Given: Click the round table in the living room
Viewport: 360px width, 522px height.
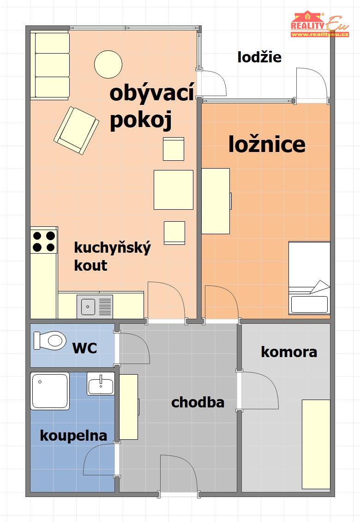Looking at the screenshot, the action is pos(108,64).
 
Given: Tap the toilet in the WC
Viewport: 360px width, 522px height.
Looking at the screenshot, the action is pos(50,340).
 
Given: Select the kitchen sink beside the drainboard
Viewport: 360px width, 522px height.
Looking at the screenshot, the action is pos(88,307).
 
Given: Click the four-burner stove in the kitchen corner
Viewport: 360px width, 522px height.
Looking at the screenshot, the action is pos(43,241).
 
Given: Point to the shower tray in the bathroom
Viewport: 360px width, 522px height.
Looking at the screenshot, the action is pos(50,391).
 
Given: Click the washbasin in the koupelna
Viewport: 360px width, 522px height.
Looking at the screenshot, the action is pos(101,384).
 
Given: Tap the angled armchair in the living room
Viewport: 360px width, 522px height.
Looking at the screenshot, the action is pos(76,130).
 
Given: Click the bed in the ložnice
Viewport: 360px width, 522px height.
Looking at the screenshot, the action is pos(309,278).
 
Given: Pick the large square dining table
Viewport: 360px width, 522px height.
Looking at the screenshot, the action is pos(174,190).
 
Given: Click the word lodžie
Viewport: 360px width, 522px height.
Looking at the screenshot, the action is pos(259,57).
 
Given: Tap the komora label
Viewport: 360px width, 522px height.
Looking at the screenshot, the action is pos(289,352).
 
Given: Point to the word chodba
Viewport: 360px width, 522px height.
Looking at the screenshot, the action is pos(198,402).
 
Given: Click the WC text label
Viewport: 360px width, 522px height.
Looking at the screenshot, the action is pos(84,348).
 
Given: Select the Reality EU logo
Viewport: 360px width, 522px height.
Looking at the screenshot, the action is pos(319,24).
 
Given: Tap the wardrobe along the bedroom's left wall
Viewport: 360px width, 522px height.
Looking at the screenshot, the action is pos(216,201).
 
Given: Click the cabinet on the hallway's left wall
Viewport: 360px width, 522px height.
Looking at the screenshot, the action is pos(129,407).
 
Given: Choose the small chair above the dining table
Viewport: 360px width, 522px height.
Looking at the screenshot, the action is pos(174,149).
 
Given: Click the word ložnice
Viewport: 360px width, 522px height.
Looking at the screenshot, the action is pos(267,145).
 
